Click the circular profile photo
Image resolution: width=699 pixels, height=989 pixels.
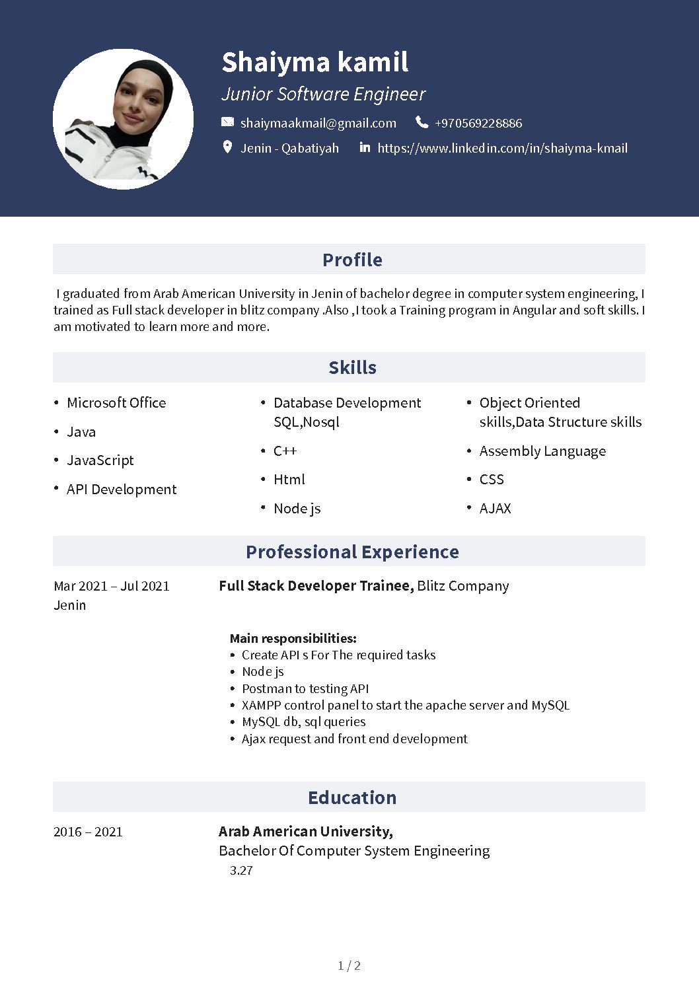(123, 119)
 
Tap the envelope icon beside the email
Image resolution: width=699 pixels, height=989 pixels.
(227, 122)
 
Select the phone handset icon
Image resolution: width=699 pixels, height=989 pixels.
(422, 122)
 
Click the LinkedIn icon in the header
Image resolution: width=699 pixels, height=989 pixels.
(365, 147)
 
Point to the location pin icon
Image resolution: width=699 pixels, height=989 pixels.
(227, 147)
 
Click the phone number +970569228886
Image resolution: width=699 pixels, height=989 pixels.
(478, 123)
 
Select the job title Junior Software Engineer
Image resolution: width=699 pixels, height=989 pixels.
(323, 94)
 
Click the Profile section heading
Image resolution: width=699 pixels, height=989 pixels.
(352, 260)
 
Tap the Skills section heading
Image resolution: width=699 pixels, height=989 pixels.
(352, 367)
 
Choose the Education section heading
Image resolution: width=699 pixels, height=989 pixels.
(352, 797)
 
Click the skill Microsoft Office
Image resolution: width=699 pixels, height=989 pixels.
(116, 403)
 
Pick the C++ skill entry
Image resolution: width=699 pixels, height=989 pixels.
(285, 451)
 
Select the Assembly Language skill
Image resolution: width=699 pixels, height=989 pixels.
(542, 451)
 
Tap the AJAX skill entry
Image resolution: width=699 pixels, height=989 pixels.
(495, 509)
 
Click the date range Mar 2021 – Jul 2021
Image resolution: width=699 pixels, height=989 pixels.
(112, 586)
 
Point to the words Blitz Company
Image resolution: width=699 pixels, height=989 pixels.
(462, 586)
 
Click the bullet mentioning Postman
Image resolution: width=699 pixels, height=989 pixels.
(305, 688)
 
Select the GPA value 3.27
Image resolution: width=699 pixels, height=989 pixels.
(241, 871)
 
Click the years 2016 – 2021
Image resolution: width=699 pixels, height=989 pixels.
(88, 832)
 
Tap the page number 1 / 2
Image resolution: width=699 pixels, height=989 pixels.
(349, 966)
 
